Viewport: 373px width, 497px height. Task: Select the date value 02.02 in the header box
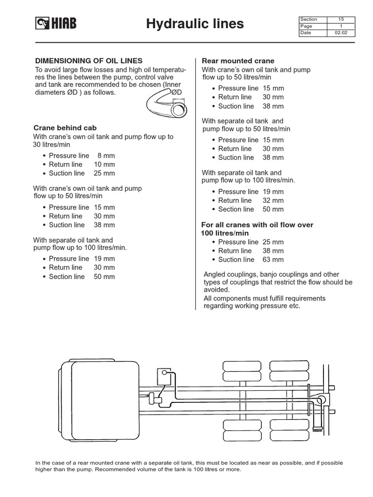(341, 33)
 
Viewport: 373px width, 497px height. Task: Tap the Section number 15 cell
(341, 19)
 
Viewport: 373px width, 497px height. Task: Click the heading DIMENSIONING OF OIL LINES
(89, 61)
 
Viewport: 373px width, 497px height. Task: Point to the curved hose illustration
(165, 101)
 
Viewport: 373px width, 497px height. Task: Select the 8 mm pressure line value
(106, 156)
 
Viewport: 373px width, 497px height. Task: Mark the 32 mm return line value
(273, 200)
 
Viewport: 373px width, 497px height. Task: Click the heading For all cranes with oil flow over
(257, 225)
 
